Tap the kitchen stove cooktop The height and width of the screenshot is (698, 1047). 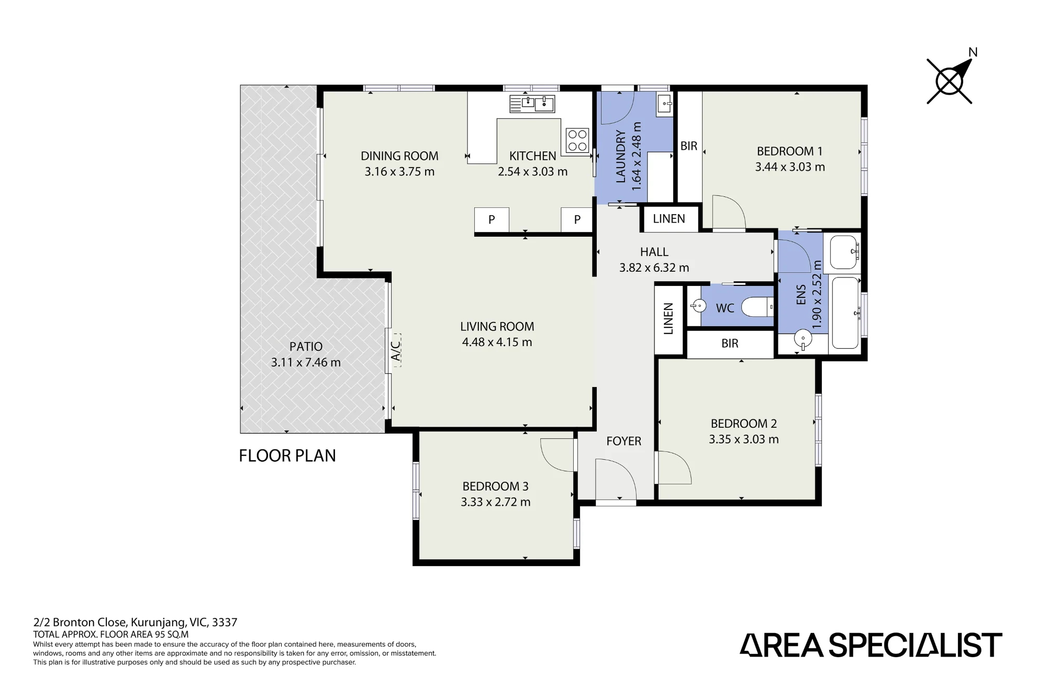coord(577,140)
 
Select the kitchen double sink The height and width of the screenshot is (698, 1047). coord(532,104)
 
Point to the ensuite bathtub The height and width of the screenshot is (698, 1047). coord(845,313)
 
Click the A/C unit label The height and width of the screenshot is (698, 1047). coord(396,350)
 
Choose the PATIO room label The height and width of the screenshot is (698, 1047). coord(306,347)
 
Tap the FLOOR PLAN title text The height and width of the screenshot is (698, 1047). coord(287,456)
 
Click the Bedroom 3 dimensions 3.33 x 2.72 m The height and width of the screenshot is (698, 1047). coord(496,502)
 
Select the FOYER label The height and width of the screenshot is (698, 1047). coord(623,441)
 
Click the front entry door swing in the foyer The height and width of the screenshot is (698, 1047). coord(616,479)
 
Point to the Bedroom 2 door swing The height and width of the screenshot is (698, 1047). coord(674,468)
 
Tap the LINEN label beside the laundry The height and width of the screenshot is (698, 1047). coord(669,219)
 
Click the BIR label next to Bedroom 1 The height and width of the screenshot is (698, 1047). coord(689,146)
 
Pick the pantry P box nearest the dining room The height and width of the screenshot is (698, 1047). coord(492,220)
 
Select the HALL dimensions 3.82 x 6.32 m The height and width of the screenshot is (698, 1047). coord(654,268)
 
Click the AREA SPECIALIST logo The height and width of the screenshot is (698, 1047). coord(871,645)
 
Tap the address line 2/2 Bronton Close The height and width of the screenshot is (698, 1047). coord(135,623)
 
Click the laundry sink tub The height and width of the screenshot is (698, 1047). coord(665,105)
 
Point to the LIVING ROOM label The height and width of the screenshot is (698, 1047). coord(497,327)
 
